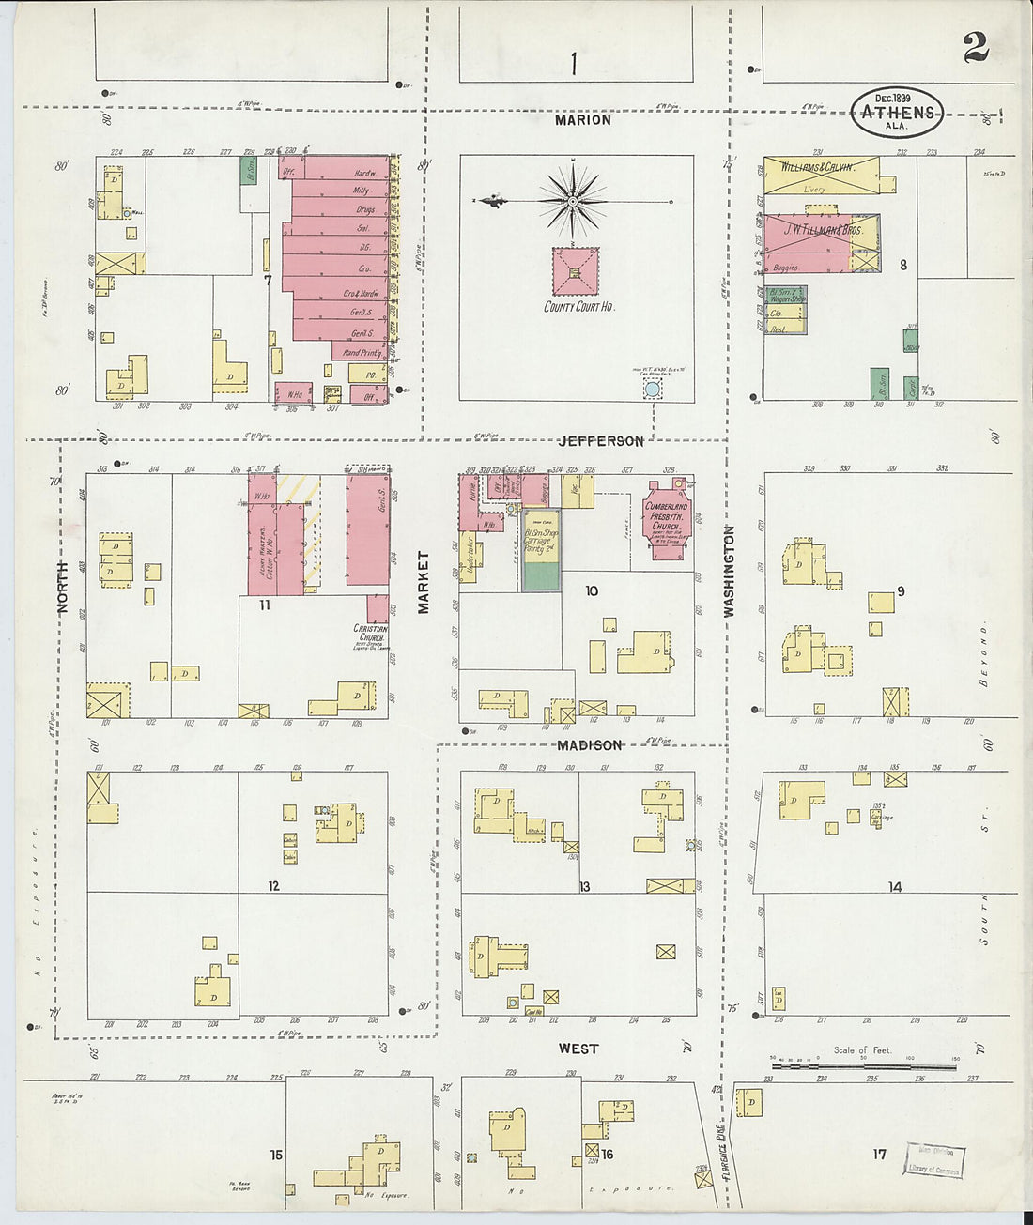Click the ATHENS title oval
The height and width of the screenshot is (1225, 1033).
pos(897,113)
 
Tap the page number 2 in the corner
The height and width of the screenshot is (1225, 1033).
pos(976,46)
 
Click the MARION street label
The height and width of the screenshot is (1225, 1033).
pos(582,120)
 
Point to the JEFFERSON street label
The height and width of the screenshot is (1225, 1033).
pos(601,441)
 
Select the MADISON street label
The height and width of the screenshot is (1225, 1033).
pos(589,745)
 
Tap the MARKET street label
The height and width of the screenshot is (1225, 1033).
pos(424,582)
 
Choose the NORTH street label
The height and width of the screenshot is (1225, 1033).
pos(63,587)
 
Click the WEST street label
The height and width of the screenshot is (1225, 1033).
pos(578,1049)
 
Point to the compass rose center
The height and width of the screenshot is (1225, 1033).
pos(571,201)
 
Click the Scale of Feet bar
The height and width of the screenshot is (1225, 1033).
pos(863,1066)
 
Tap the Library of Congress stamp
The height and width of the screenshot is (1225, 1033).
pos(933,1160)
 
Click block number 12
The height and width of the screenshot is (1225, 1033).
pos(273,885)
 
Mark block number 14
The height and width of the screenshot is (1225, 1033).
pos(895,886)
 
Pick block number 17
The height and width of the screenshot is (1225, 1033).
pos(879,1154)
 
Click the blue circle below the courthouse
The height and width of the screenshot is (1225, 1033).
pos(652,388)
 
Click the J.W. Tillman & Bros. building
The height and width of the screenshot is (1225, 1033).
pos(819,242)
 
